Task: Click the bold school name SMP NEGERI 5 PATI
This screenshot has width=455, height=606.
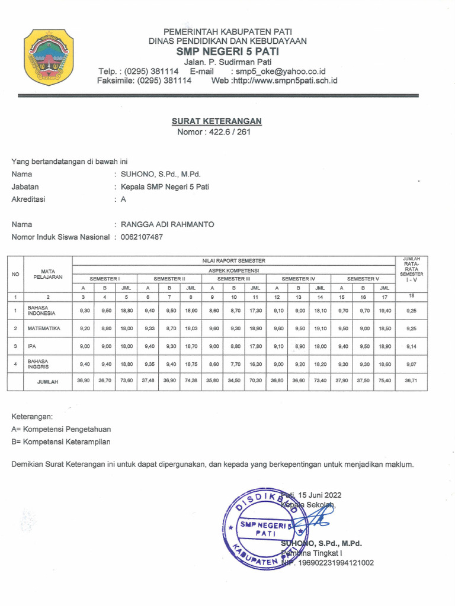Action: pos(228,51)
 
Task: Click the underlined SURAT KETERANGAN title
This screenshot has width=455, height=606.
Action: pos(217,121)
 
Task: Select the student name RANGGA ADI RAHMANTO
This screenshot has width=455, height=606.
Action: pos(168,224)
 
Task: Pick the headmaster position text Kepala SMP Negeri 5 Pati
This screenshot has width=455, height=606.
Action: pos(165,186)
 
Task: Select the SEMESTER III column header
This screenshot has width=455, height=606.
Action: pos(233,278)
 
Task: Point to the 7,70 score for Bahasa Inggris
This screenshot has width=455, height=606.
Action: pos(234,363)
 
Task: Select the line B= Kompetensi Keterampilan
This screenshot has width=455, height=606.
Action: pos(61,441)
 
